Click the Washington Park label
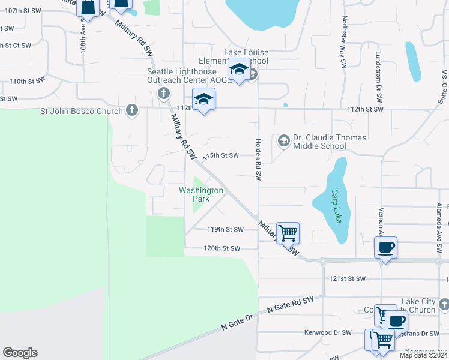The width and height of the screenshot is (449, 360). tap(201, 194)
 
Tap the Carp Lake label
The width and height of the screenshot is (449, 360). tap(336, 206)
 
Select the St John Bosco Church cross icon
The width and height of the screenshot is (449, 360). tap(132, 110)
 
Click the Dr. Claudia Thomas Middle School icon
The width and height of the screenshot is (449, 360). tap(283, 142)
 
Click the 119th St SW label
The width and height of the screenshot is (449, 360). tap(225, 230)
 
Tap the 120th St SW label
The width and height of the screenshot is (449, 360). tap(221, 248)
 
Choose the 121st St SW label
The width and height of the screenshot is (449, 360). tap(348, 279)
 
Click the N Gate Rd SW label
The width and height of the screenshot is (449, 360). tap(291, 304)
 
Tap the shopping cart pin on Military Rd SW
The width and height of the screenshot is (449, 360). tap(288, 232)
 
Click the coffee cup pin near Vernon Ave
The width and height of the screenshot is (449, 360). tap(385, 246)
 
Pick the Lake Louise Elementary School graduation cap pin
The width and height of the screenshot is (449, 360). tap(239, 69)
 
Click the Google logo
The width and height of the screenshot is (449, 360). tap(20, 353)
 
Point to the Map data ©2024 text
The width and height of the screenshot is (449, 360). tap(423, 355)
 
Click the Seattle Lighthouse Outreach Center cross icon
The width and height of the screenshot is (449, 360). tap(163, 93)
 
